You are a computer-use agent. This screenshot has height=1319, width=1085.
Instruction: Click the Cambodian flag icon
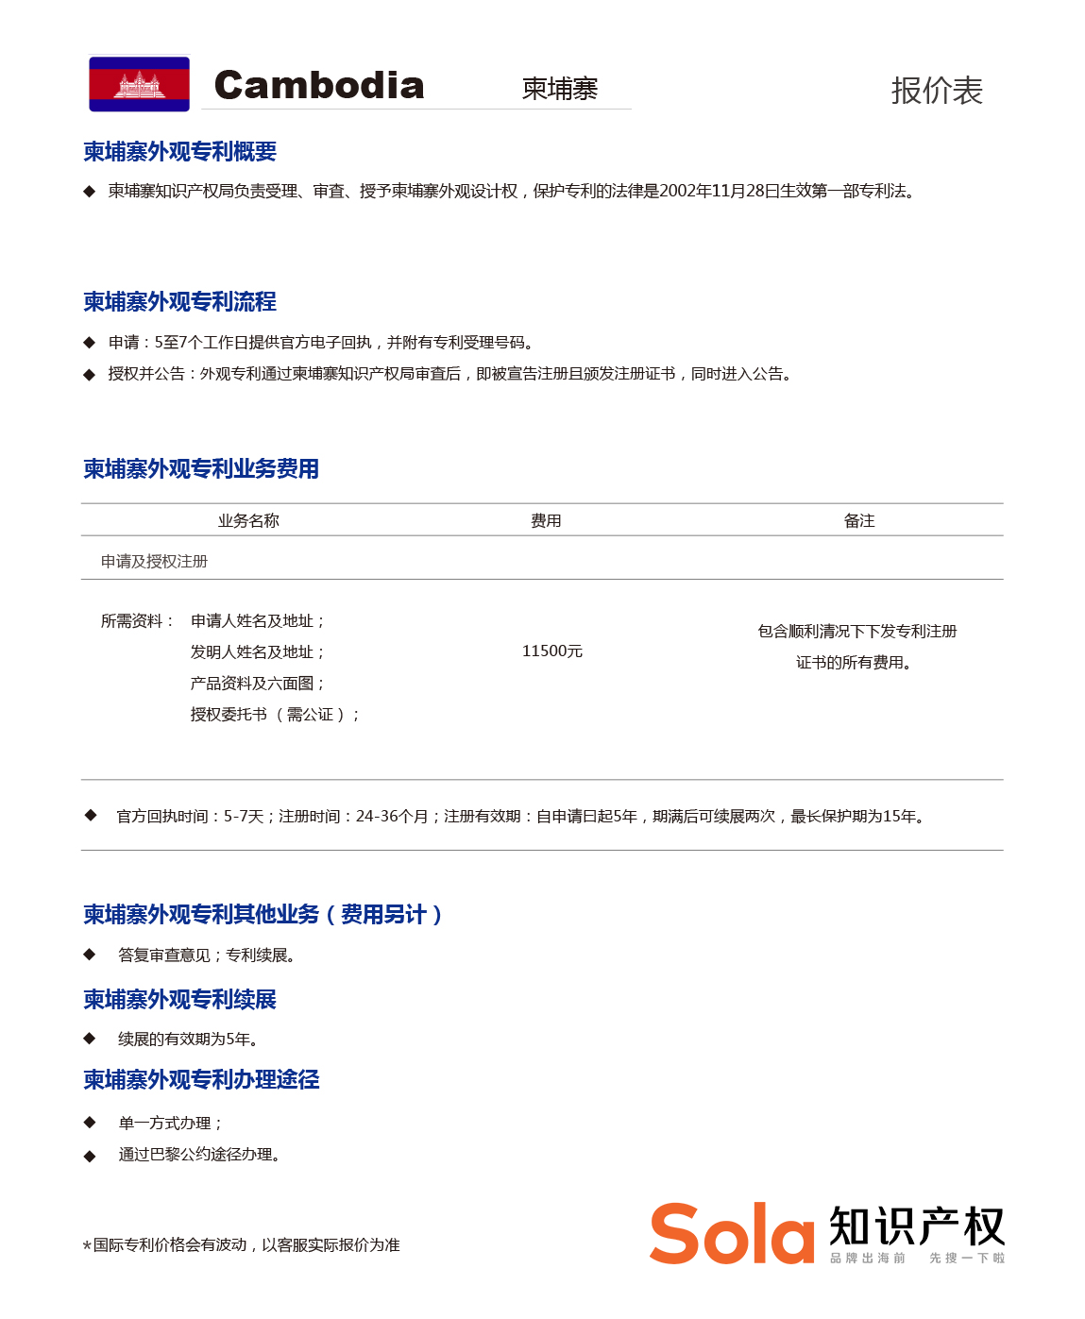coord(139,84)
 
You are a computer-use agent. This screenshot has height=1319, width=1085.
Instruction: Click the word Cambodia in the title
coord(319,86)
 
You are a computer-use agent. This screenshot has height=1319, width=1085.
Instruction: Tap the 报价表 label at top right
coord(936,91)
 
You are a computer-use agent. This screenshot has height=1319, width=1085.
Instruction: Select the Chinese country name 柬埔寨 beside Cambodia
coord(560,89)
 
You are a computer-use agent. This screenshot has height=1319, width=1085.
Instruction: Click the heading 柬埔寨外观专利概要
coord(179,152)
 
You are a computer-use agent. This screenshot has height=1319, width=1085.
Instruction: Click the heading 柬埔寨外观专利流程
coord(179,302)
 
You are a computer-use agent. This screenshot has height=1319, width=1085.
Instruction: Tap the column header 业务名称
coord(248,520)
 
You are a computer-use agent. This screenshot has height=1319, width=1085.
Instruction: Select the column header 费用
coord(546,520)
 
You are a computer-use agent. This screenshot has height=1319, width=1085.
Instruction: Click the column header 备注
coord(859,520)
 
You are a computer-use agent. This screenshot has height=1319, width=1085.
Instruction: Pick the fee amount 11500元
coord(552,651)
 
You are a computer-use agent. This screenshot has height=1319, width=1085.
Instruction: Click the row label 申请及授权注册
coord(154,561)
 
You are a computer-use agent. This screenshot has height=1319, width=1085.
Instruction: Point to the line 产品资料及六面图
coord(257,684)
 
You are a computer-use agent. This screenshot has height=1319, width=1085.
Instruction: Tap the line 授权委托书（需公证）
coord(274,715)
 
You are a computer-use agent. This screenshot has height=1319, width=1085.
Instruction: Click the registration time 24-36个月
coord(392,817)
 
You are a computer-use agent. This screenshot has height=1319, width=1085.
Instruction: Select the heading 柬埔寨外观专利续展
coord(179,1000)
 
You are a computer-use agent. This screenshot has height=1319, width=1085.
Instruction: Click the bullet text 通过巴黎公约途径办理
coord(198,1155)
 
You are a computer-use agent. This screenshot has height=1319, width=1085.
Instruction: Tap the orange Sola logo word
coord(732,1234)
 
